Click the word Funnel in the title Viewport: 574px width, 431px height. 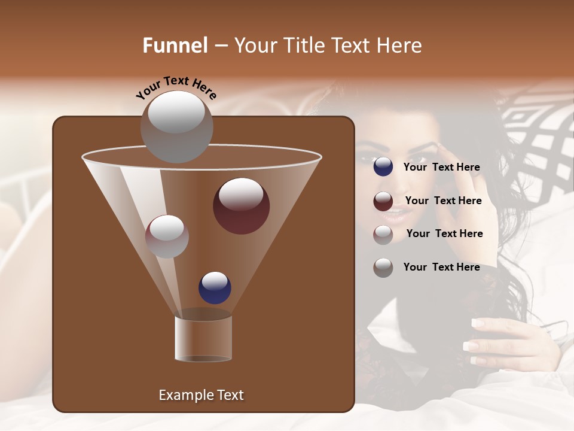coord(175,45)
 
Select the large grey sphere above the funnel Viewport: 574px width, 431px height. coord(176,126)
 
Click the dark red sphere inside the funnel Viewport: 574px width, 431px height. coord(241,205)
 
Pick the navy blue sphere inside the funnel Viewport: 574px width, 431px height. coord(215,287)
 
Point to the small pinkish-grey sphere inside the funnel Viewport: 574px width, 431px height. coord(167,236)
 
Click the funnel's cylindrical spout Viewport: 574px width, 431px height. coord(203,338)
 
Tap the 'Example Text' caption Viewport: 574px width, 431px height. coord(201,395)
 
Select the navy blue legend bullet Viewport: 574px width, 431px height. coord(383,167)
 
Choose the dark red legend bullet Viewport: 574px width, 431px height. coord(383,201)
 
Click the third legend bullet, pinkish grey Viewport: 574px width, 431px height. coord(383,234)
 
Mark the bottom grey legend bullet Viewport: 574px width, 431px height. coord(383,268)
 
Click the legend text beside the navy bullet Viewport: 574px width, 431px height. coord(442,168)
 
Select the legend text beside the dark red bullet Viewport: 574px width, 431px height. coord(443,201)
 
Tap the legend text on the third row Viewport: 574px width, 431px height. coord(444,233)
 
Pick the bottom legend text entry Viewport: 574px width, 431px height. coord(442,267)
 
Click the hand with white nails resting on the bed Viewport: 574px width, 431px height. coord(508,341)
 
